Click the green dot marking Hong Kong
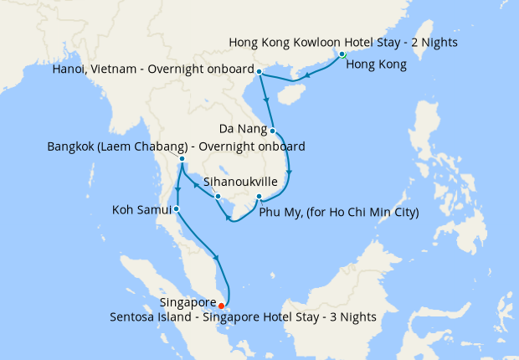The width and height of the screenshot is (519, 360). click(342, 55)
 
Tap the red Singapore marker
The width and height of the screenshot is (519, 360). click(221, 306)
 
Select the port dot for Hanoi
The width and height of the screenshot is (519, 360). click(259, 71)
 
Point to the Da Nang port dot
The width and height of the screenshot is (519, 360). click(273, 130)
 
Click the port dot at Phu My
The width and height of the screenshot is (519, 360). click(259, 198)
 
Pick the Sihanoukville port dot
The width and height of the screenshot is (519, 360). click(218, 197)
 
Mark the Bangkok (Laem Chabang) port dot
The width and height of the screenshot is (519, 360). click(182, 158)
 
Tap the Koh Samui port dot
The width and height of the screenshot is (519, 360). click(176, 208)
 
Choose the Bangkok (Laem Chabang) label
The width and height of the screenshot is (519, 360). click(176, 147)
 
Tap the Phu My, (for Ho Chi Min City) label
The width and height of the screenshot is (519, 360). click(338, 213)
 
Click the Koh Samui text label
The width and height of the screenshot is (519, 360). click(141, 208)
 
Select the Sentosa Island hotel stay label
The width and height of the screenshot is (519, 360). click(243, 317)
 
